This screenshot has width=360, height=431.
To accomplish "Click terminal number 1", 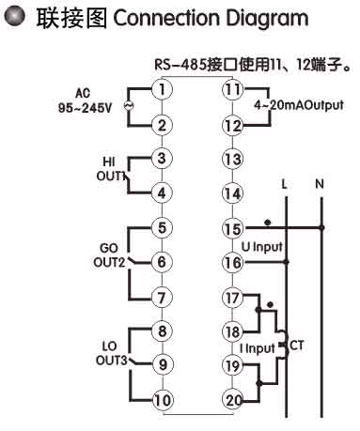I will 163,90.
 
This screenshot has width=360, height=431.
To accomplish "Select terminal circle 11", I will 232,90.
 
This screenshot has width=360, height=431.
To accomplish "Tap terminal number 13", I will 232,159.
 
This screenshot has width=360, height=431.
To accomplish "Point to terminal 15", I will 232,227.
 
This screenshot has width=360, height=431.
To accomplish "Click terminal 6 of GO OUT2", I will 163,262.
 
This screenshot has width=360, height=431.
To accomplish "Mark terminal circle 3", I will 163,159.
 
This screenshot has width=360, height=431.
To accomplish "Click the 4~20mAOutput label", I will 298,106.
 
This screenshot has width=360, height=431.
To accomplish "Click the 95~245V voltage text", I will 83,107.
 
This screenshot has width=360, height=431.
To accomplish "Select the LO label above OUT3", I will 109,346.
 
